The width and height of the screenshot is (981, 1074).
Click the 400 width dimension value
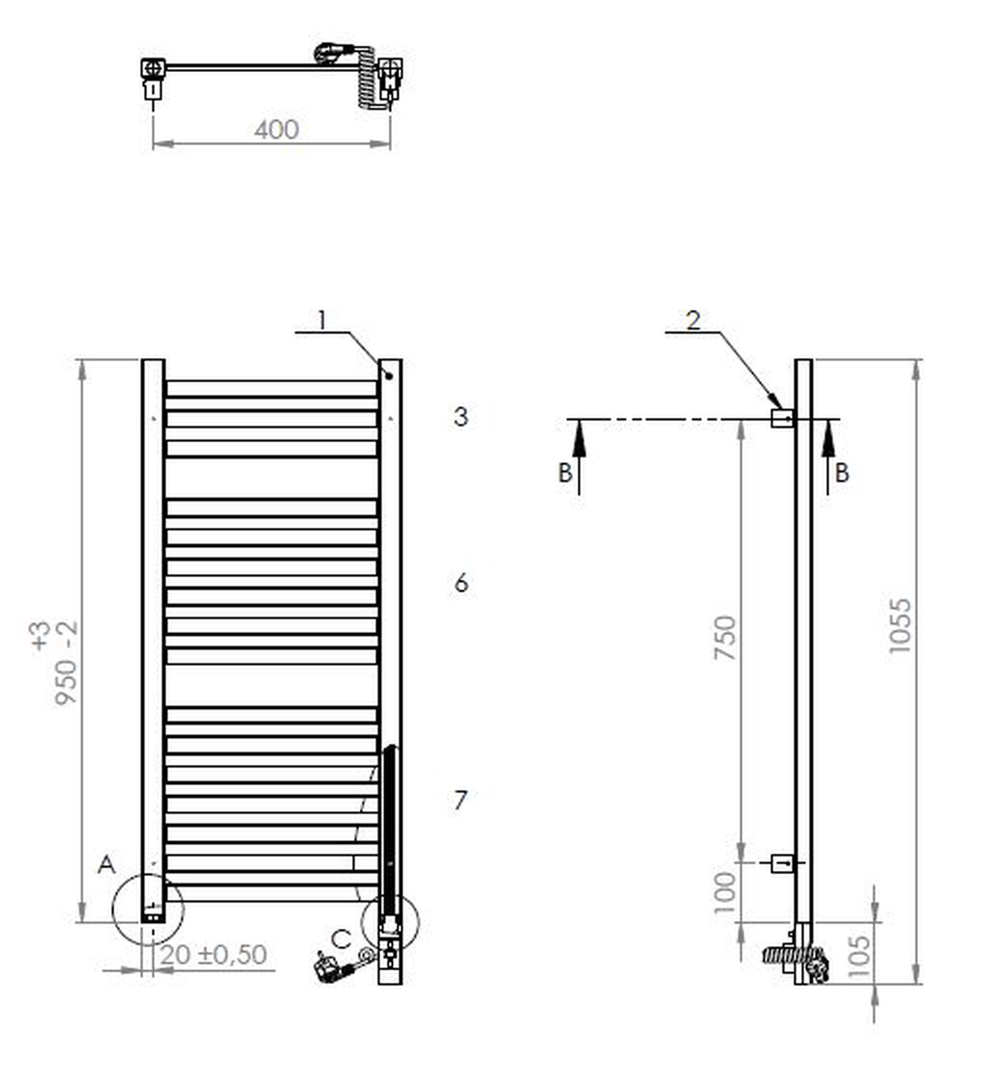[277, 130]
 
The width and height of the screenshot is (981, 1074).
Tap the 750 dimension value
[725, 637]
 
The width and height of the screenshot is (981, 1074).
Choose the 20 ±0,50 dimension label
[213, 955]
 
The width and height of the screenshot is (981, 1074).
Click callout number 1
[322, 320]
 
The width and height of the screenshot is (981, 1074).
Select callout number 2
[693, 320]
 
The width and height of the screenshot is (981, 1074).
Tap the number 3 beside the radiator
[461, 417]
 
